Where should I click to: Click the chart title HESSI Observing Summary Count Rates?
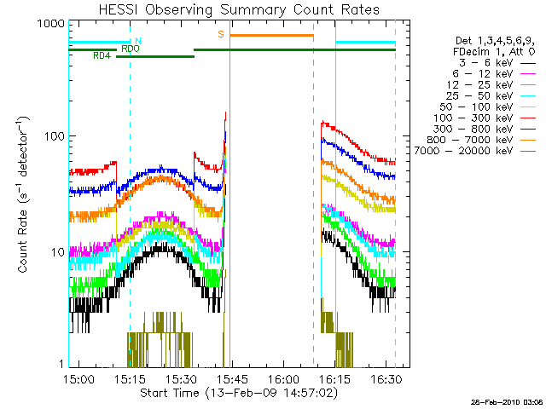coord(239,9)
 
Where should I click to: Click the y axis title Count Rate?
coord(25,198)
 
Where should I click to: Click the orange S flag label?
coord(221,35)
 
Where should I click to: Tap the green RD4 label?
coord(101,56)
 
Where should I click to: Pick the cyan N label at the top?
coord(138,41)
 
